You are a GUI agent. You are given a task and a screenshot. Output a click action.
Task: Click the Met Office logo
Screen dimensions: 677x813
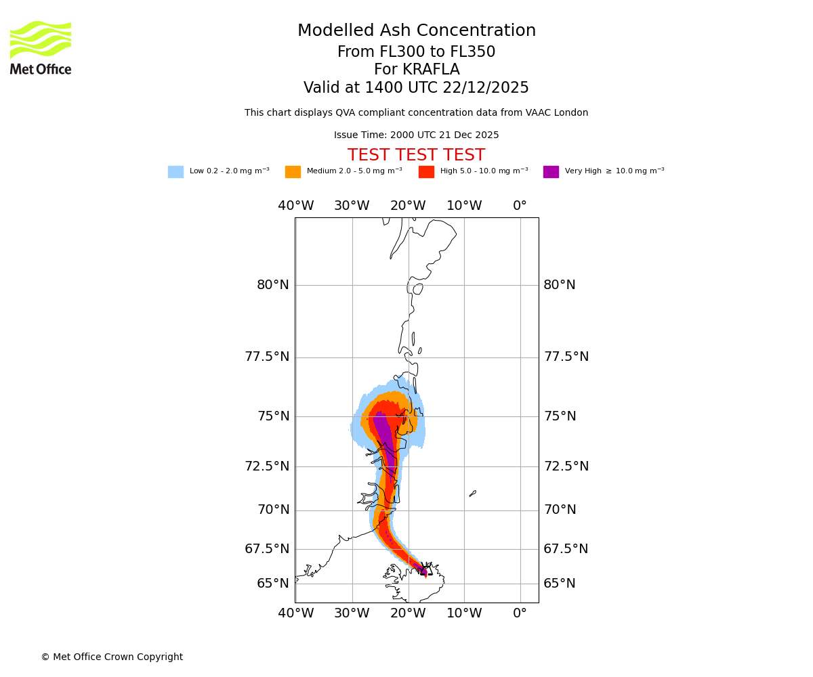[x=41, y=47]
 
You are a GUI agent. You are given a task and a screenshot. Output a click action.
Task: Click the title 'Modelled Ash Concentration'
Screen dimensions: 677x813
[x=417, y=31]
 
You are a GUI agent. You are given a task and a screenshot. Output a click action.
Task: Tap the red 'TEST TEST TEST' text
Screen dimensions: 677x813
[x=416, y=156]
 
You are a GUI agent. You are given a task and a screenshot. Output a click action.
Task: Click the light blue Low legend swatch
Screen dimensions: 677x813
[x=175, y=172]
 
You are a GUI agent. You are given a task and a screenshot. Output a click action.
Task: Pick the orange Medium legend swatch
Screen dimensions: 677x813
[x=293, y=172]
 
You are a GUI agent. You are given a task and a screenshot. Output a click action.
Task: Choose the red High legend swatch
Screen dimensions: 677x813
[x=426, y=172]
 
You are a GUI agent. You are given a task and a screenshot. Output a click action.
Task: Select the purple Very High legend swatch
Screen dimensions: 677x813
[x=551, y=172]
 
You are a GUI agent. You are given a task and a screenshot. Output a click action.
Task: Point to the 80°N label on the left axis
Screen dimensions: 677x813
[x=273, y=285]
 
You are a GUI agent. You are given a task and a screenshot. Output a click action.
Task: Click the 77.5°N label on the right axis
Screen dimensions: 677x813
[x=566, y=357]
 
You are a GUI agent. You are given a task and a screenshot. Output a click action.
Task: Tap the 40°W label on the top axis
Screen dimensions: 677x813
[x=296, y=206]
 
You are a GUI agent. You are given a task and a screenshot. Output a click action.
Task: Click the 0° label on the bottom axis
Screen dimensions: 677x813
[x=520, y=614]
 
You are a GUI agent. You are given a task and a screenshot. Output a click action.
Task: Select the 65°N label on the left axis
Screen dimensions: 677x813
[x=273, y=584]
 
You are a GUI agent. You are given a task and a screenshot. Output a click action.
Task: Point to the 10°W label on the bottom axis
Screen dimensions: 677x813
[x=464, y=614]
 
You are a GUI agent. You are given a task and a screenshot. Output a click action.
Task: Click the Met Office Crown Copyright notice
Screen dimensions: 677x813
[x=112, y=657]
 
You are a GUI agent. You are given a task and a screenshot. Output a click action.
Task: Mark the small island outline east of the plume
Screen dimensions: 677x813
[x=472, y=494]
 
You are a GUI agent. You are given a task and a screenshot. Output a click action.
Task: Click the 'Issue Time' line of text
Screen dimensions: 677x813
[x=416, y=135]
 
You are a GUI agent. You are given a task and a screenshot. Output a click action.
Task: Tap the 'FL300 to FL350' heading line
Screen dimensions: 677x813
[x=416, y=52]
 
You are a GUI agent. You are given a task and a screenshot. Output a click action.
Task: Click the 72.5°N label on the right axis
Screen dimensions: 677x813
[x=566, y=466]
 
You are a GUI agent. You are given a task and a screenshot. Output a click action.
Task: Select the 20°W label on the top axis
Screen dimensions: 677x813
[x=408, y=206]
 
